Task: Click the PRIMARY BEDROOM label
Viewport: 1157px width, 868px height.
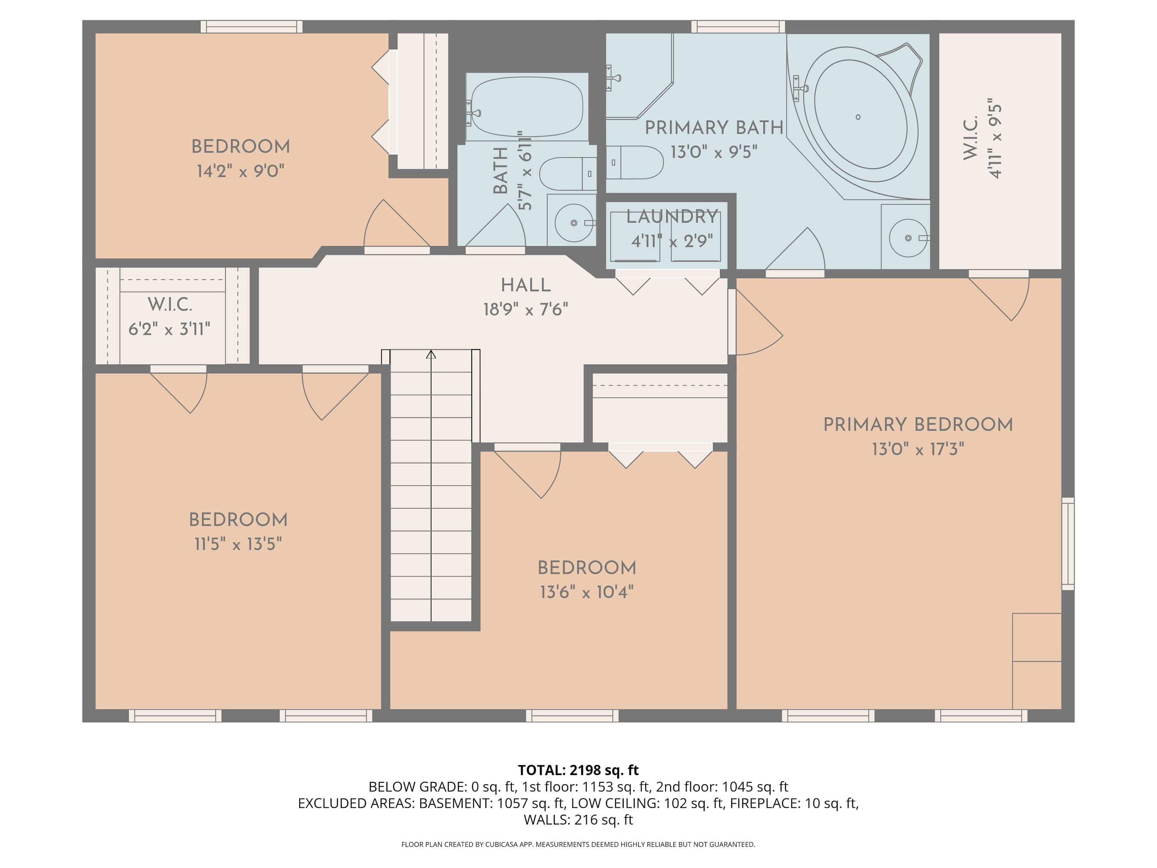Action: pos(918,424)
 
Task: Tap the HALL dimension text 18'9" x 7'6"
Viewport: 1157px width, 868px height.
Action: pos(525,310)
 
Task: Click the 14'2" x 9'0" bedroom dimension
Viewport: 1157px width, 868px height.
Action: pos(240,171)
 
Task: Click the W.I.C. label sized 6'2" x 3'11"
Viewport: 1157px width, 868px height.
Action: pos(169,304)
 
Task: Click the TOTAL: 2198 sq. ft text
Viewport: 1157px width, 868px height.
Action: pos(578,770)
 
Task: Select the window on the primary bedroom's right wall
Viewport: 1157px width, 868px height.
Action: pos(1068,544)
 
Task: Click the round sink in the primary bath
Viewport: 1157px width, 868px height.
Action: pos(907,238)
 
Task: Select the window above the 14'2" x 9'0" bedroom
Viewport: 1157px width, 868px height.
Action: pos(251,27)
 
